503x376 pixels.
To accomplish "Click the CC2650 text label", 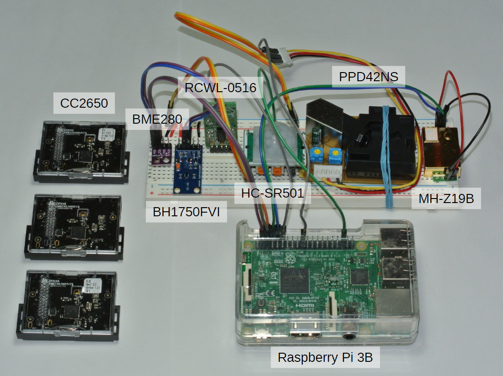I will pos(84,104).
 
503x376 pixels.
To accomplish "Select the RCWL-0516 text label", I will pos(220,88).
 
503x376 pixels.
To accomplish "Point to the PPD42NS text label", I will pos(369,77).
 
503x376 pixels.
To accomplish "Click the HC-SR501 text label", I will pos(273,193).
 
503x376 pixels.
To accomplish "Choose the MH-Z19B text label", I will pos(446,199).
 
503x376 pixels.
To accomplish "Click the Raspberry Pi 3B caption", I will pos(325,357).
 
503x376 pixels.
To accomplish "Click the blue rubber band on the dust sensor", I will pos(388,155).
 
